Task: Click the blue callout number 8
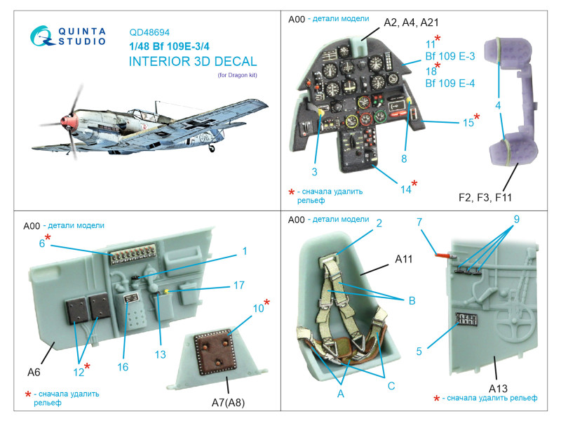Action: [404, 159]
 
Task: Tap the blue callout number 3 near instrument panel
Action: [315, 173]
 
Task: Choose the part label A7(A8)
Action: [233, 401]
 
